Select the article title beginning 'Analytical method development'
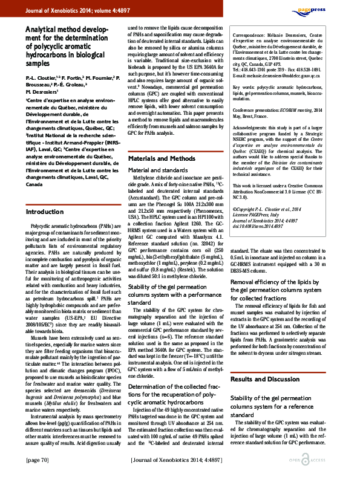[67, 45]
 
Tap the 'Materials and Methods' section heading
[162, 158]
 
